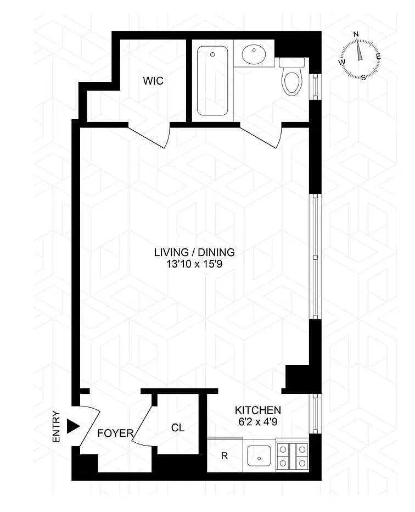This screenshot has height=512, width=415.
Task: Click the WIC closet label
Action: click(153, 81)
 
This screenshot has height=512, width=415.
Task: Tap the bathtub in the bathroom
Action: click(212, 81)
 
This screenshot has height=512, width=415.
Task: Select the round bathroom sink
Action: click(254, 54)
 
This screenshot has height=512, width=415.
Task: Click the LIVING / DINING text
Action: click(194, 252)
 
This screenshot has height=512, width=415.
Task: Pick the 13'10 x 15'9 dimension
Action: click(194, 264)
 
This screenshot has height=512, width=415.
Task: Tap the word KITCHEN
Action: click(258, 410)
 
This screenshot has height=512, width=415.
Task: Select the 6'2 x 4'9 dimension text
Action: click(258, 422)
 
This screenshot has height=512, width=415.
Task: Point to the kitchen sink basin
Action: click(259, 456)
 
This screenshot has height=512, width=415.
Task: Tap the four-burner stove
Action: click(293, 454)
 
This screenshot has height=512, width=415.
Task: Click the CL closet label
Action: click(178, 427)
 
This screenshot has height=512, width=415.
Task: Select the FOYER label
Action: click(115, 433)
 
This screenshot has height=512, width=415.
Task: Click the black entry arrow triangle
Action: click(73, 426)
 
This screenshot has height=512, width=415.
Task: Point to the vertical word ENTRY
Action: click(57, 426)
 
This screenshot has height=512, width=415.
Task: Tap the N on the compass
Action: click(356, 34)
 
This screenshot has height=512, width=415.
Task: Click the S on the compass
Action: click(363, 77)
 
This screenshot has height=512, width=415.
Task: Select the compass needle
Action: click(359, 49)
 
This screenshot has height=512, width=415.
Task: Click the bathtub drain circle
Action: click(213, 54)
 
